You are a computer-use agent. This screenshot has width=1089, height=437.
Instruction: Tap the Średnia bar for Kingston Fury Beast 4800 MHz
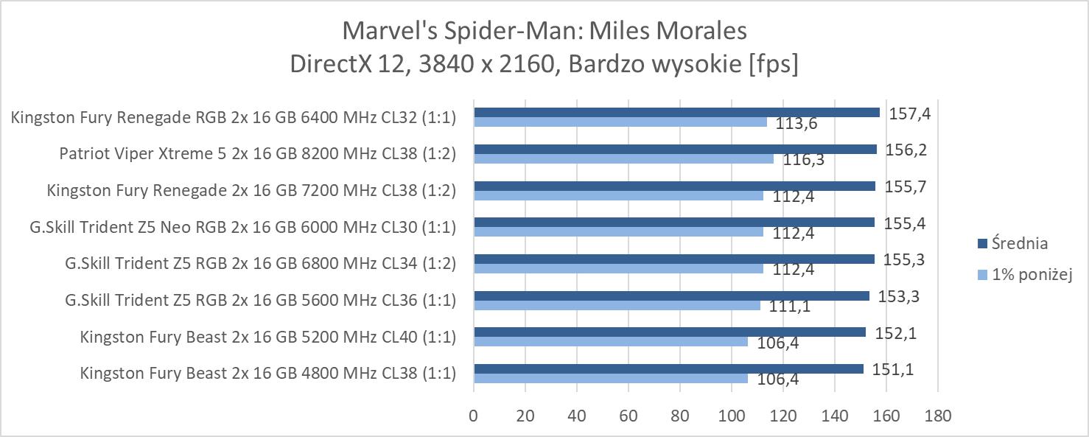pyautogui.click(x=668, y=368)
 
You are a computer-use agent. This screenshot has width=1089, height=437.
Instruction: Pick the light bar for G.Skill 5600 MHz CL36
pyautogui.click(x=617, y=305)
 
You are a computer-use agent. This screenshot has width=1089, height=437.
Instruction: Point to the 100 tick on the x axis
pyautogui.click(x=731, y=416)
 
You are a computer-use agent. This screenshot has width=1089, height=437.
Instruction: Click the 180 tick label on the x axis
pyautogui.click(x=937, y=416)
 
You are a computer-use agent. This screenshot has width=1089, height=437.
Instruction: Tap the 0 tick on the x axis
pyautogui.click(x=473, y=416)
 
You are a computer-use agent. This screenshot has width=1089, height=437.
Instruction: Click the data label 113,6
pyautogui.click(x=796, y=124)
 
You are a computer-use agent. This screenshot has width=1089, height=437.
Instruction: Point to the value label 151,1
pyautogui.click(x=893, y=370)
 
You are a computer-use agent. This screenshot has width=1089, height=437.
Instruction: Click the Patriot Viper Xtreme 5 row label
pyautogui.click(x=257, y=153)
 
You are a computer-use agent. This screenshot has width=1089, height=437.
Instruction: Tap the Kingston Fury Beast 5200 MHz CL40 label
pyautogui.click(x=267, y=338)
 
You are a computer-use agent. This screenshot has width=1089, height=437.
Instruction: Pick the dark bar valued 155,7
pyautogui.click(x=674, y=186)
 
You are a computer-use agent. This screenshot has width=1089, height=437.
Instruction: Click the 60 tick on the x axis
pyautogui.click(x=628, y=416)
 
